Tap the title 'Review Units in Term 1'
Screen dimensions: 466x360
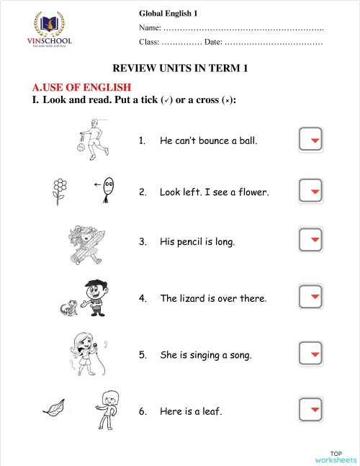point(180,68)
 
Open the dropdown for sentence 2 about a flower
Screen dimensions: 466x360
point(310,192)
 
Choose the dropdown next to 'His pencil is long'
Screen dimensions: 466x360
point(310,241)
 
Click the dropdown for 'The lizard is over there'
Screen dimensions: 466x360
point(310,297)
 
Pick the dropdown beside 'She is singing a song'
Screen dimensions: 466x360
point(310,354)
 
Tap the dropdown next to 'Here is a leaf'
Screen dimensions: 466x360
point(310,411)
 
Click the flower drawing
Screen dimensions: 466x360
point(60,191)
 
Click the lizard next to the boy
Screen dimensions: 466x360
point(70,308)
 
